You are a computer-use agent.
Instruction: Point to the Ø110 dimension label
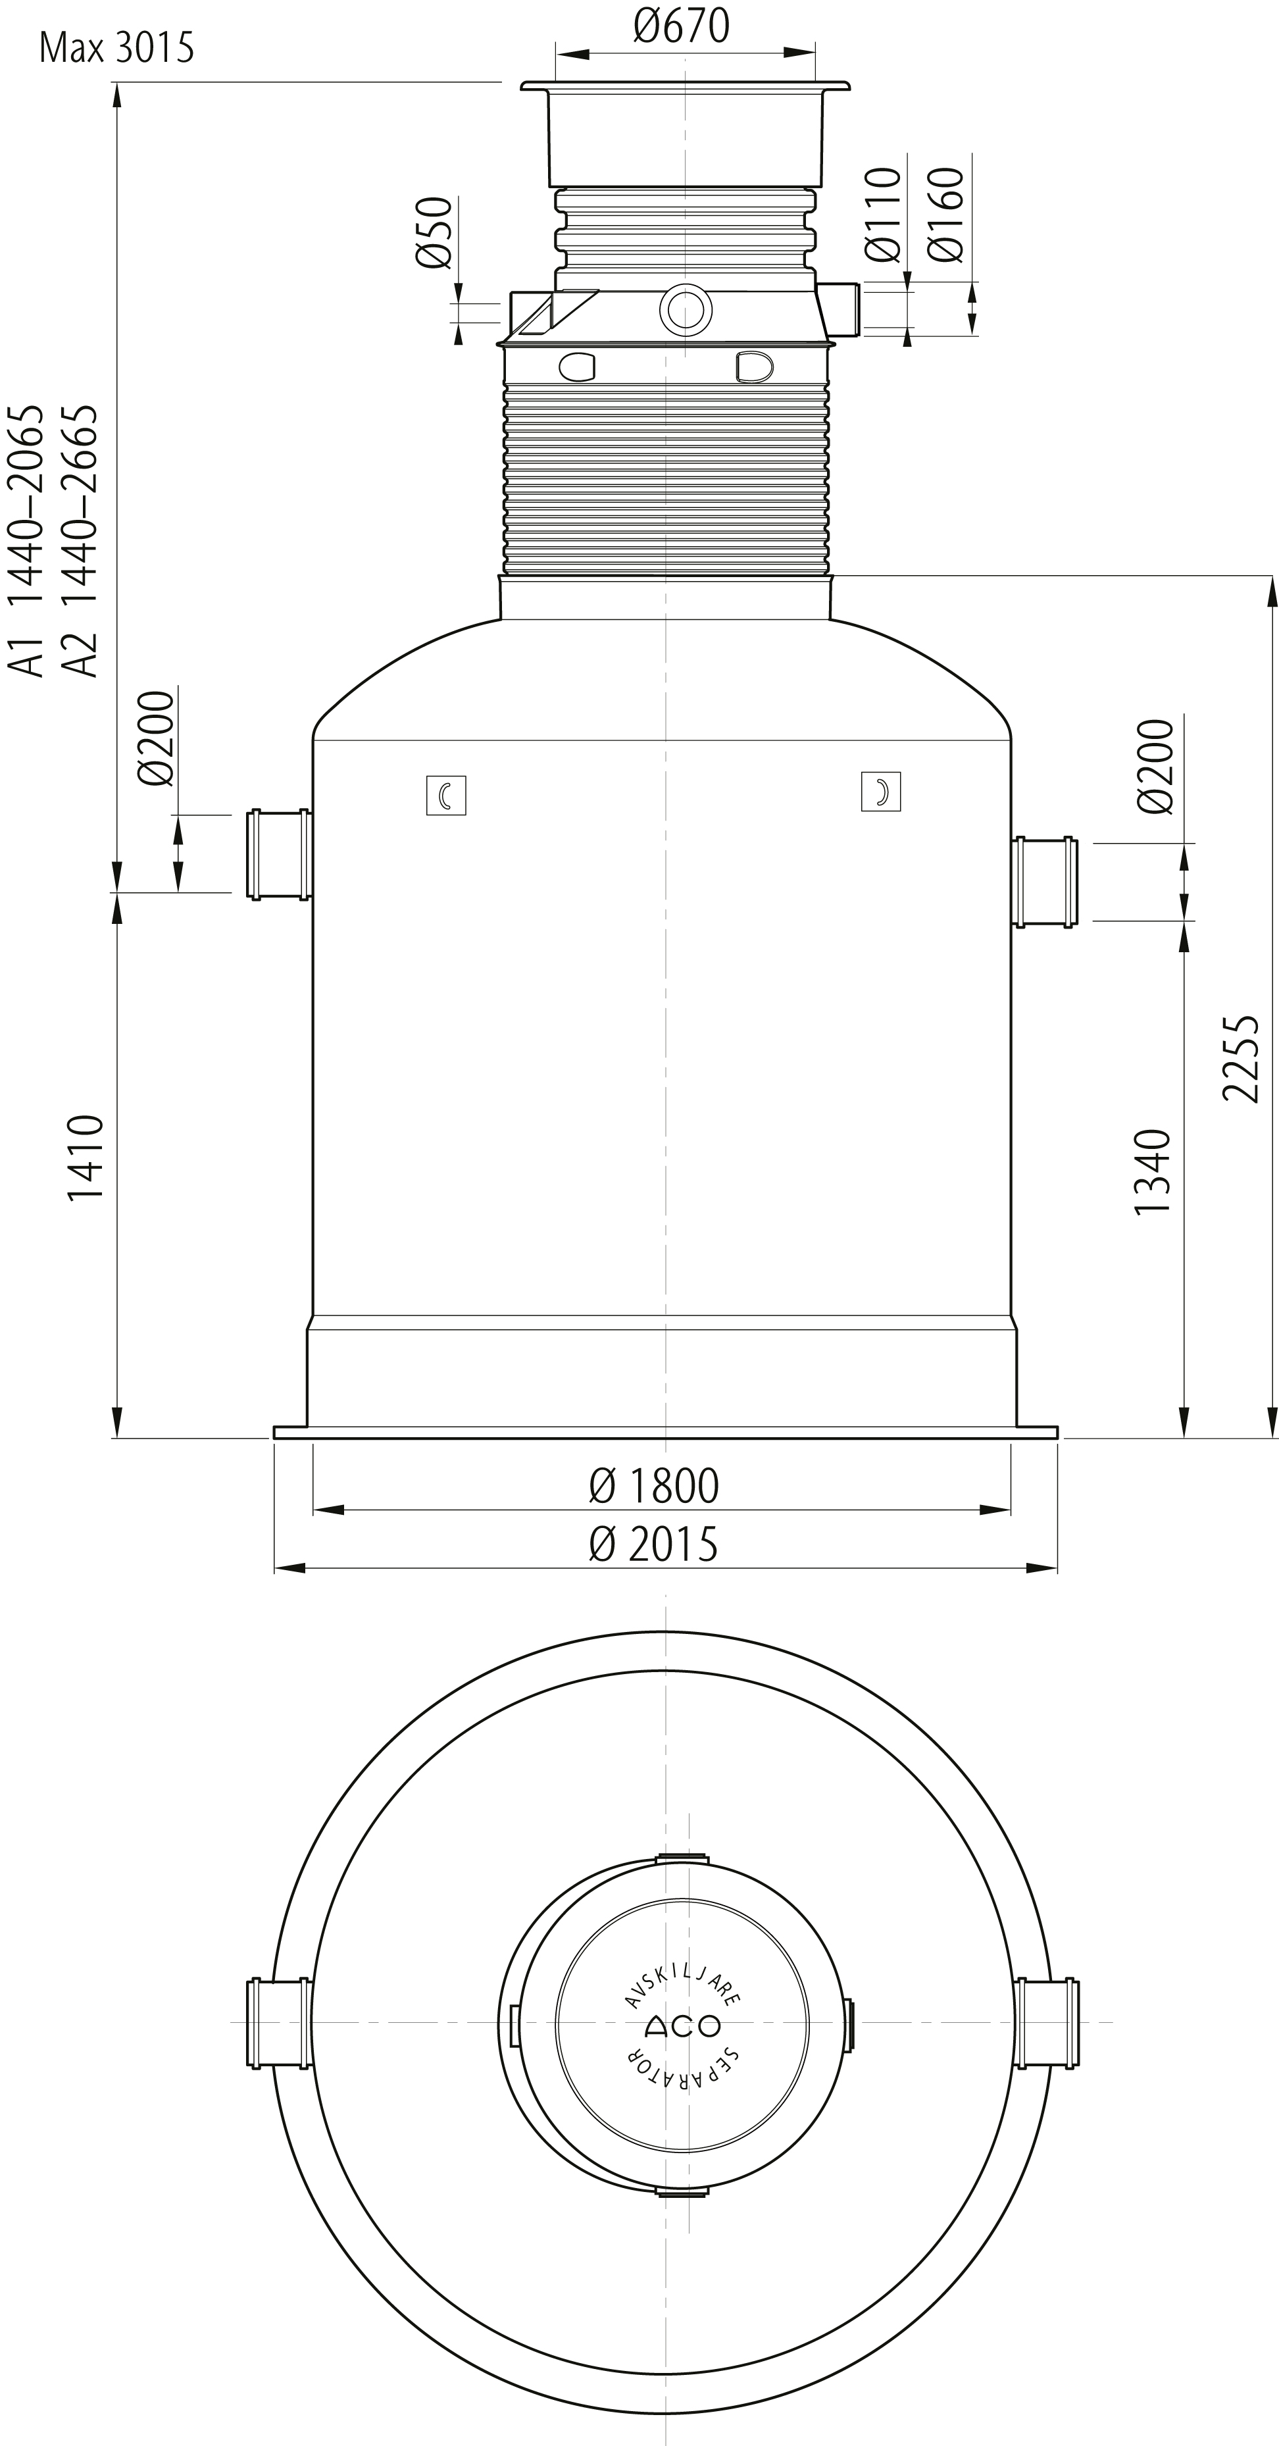pos(883,215)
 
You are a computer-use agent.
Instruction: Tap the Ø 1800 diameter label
pos(653,1486)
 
